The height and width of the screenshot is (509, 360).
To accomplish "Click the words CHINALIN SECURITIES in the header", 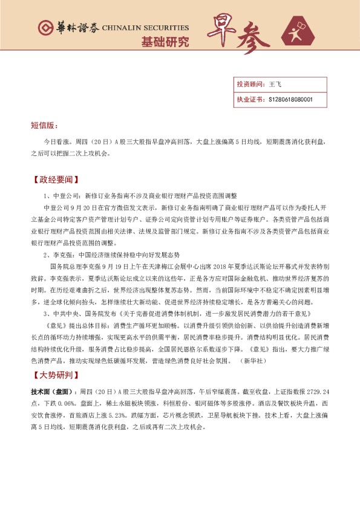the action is (x=145, y=28).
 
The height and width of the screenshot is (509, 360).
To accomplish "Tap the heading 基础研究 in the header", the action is (x=165, y=42).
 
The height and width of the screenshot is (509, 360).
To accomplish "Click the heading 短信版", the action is (x=44, y=126).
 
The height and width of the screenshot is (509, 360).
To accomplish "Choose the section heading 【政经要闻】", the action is (x=55, y=180).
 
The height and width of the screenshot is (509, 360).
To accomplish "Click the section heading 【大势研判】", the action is (x=55, y=375).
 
